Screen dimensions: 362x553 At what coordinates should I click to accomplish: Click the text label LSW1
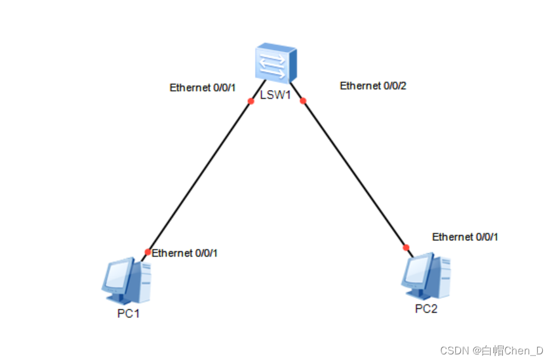276,95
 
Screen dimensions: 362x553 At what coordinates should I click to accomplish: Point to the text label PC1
128,314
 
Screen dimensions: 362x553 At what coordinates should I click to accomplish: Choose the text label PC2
426,309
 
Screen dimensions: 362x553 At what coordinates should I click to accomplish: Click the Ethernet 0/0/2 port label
373,86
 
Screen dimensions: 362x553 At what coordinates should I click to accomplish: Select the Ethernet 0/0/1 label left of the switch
202,87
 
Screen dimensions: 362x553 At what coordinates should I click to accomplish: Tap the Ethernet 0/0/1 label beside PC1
185,253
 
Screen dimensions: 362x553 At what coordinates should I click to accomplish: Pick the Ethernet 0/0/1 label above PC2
465,236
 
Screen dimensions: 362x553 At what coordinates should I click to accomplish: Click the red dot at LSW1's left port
250,101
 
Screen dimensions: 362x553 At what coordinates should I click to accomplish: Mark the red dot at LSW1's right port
303,100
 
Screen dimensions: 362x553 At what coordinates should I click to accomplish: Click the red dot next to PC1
148,252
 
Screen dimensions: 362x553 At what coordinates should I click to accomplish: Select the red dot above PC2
406,247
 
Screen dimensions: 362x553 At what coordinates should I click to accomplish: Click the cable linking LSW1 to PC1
200,176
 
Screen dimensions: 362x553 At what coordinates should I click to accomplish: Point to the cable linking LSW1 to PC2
354,173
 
